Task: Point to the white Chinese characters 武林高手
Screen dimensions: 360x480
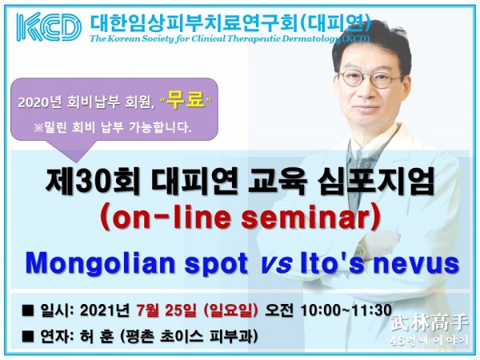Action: [x=431, y=324]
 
